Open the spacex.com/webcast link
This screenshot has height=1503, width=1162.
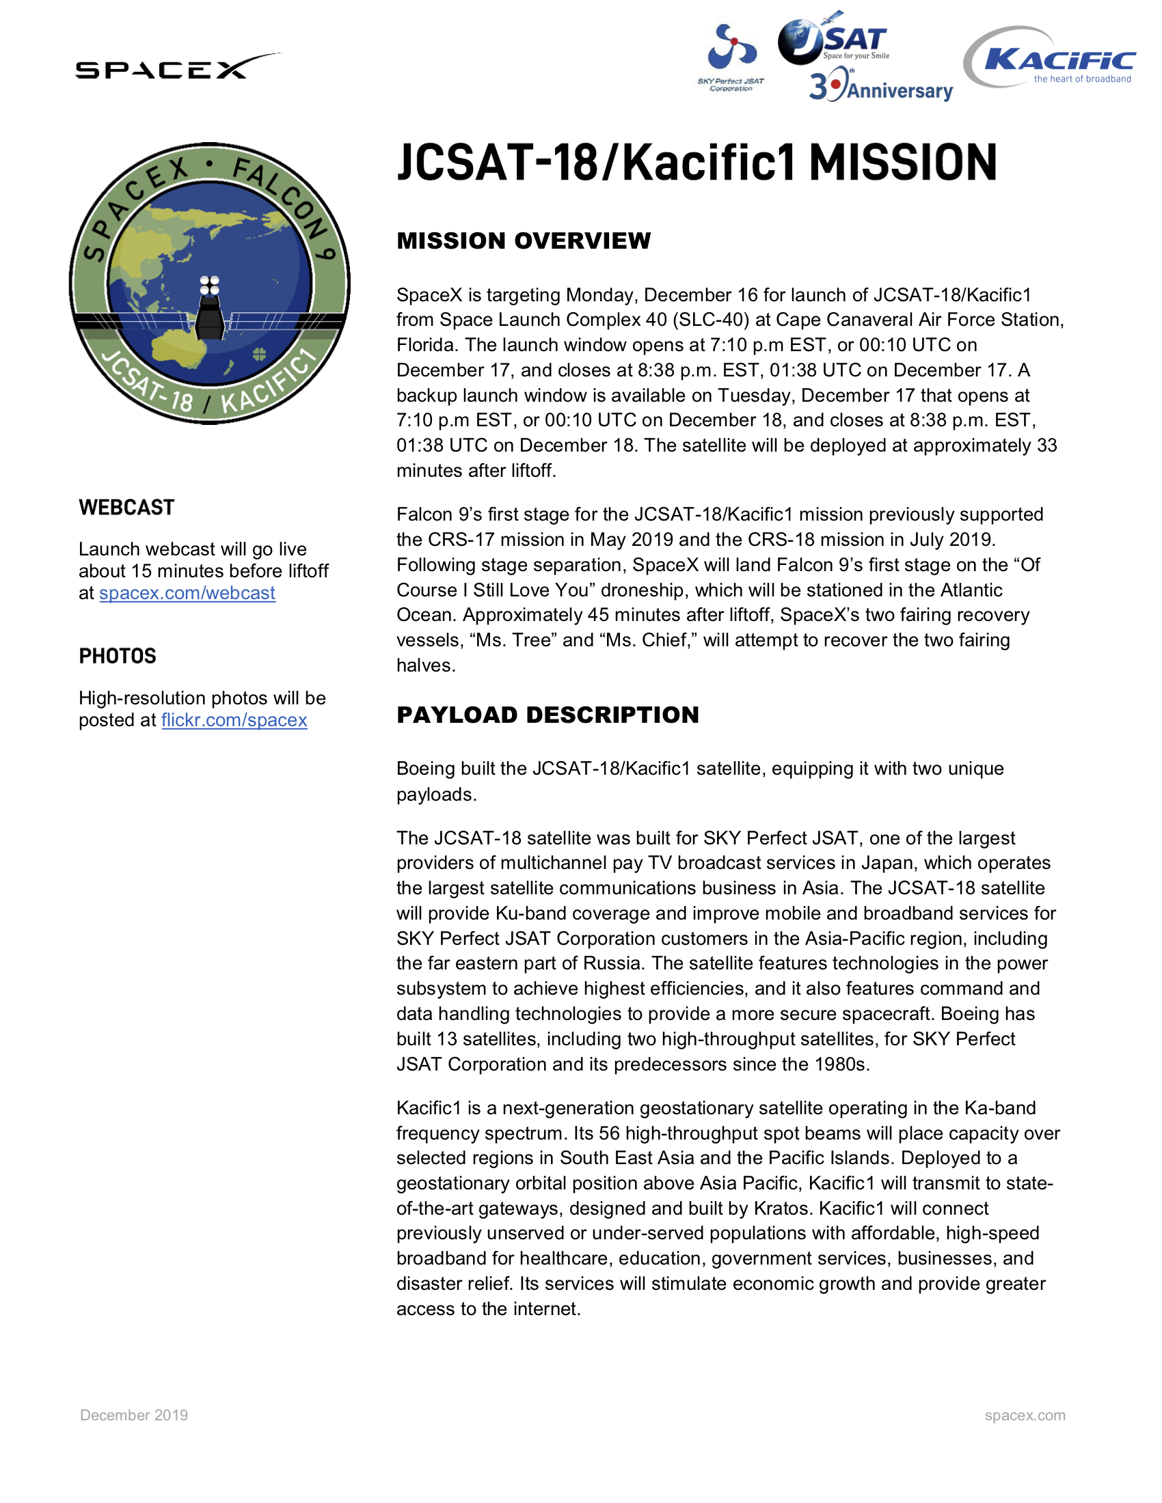coord(187,593)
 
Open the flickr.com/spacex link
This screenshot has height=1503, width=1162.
coord(234,721)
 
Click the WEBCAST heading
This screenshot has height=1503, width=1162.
coord(126,508)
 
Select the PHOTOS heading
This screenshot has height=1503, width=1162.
coord(118,657)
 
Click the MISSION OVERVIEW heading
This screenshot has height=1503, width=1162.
coord(523,241)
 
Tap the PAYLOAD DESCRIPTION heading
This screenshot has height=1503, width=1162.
coord(548,715)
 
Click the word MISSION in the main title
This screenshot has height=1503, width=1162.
coord(902,164)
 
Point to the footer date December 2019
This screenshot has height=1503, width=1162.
coord(134,1415)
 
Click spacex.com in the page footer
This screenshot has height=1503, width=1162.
coord(1025,1415)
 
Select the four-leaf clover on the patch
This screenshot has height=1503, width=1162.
coord(260,355)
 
